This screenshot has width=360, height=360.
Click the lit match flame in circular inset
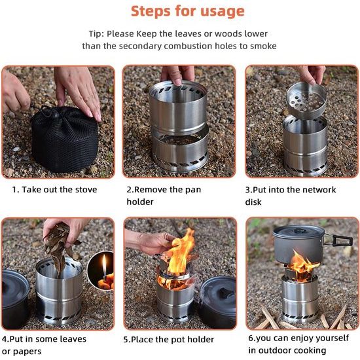(103, 266)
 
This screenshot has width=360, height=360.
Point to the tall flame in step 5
(181, 252)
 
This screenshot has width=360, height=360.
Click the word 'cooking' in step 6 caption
(309, 351)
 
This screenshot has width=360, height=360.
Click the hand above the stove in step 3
(313, 73)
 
